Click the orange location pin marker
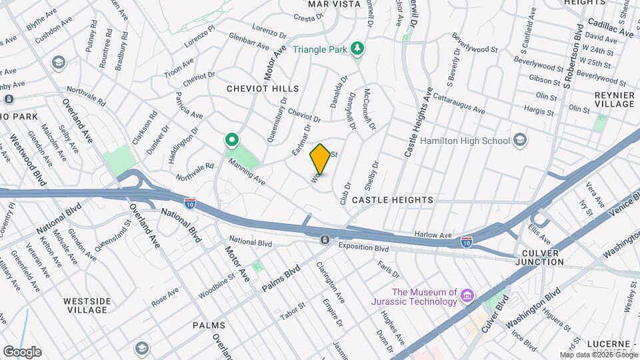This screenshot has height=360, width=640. [320, 159]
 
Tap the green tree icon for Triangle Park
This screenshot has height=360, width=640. [359, 47]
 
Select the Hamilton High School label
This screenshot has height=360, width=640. [465, 141]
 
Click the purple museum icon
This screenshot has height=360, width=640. [467, 295]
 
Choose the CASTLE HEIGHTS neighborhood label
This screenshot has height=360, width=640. [392, 200]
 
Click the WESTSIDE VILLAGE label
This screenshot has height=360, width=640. [87, 305]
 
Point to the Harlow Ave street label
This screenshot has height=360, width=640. [433, 235]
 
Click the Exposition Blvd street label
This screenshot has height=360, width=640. [363, 248]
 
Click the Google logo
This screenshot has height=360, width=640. [22, 351]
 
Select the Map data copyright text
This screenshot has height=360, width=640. [598, 355]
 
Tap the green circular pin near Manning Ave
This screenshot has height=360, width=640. [232, 141]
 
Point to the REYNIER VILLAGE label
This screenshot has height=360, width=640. [614, 100]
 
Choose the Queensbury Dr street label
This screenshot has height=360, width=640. [275, 121]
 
